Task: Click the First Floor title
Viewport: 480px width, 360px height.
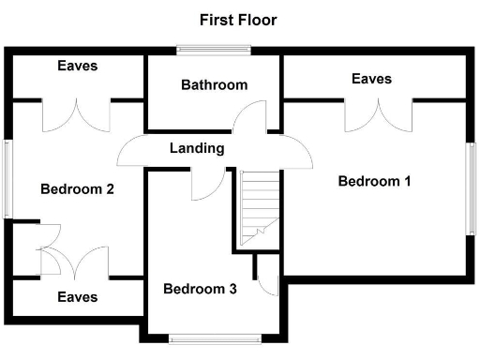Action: pos(238,19)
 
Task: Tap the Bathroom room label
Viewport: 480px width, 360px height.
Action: pos(215,85)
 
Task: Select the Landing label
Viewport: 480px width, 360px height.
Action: pos(197,148)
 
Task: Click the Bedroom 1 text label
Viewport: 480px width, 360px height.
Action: pos(375,181)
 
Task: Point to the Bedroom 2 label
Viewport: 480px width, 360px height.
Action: pos(77,189)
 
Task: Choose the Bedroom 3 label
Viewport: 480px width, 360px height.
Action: pos(200,289)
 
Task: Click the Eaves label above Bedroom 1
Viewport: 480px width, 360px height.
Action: pos(372,79)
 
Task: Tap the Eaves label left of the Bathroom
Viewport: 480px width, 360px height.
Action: pos(77,67)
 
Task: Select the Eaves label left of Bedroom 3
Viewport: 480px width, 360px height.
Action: pos(77,297)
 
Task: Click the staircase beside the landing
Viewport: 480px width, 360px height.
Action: pos(255,208)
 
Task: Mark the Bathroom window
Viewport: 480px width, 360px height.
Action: pos(215,49)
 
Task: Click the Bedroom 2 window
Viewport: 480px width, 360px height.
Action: pos(7,178)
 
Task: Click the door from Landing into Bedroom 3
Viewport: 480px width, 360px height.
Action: pos(202,185)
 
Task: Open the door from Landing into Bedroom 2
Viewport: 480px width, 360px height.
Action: pos(132,150)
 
